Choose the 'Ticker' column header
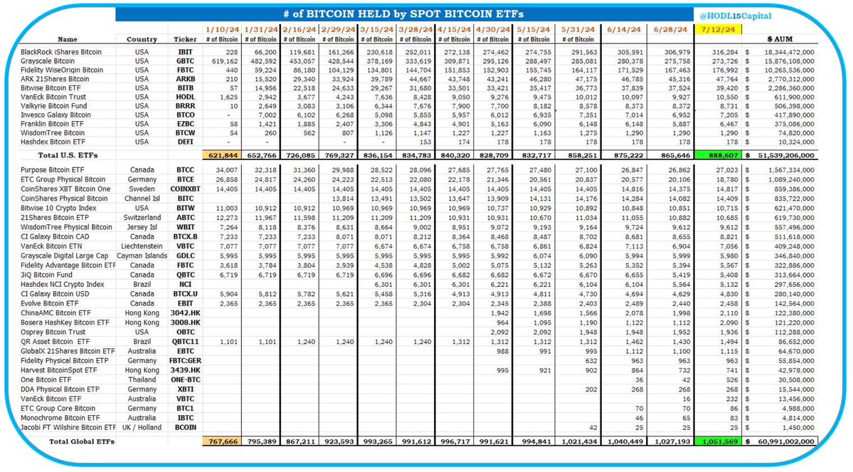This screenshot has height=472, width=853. pos(184,39)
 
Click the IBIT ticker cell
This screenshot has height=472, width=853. pos(184,52)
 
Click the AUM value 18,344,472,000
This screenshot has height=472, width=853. pos(780,52)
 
